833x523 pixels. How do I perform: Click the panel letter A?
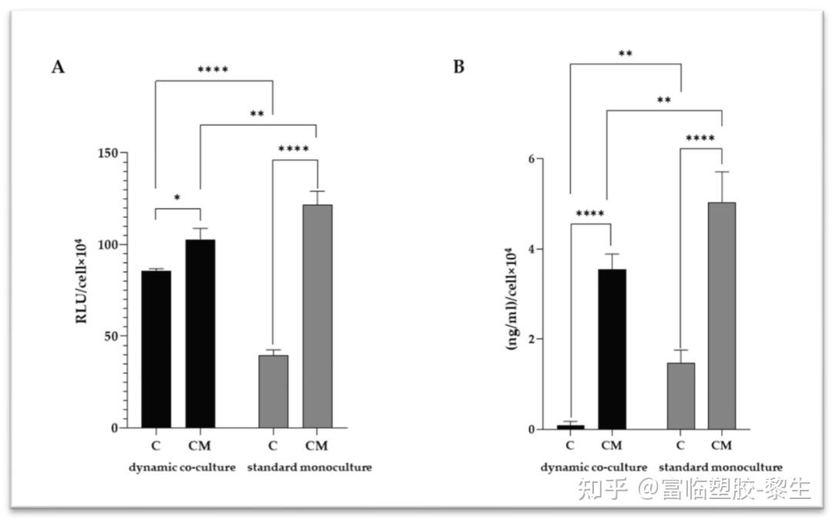click(58, 67)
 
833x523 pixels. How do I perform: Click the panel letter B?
click(458, 67)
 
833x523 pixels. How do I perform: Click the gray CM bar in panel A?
click(317, 316)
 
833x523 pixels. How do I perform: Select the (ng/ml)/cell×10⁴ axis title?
click(510, 299)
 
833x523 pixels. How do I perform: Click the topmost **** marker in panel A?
click(213, 71)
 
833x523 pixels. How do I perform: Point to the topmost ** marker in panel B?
click(626, 55)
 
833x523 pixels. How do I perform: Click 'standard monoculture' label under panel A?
click(309, 467)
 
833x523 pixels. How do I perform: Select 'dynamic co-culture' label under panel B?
click(593, 467)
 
